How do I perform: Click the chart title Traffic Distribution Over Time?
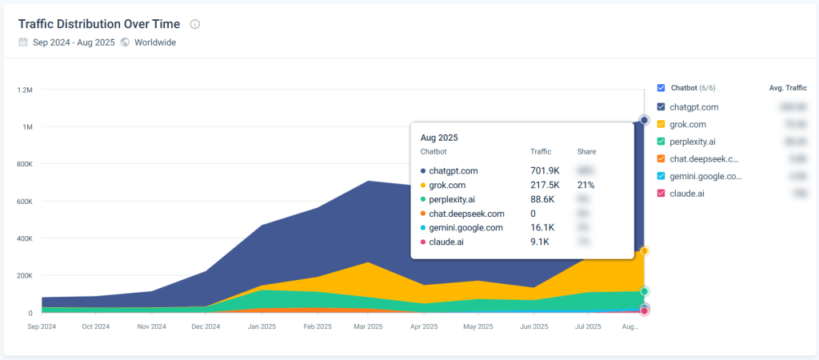tap(98, 24)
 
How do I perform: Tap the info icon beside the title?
tap(195, 24)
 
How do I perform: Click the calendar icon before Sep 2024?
tap(23, 42)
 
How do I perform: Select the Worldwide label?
tap(155, 42)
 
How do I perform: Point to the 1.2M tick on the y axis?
tap(24, 90)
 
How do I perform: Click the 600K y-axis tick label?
tap(24, 202)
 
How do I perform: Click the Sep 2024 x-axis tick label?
tap(42, 326)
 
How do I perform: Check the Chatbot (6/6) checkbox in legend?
tap(661, 88)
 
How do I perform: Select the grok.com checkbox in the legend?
tap(661, 124)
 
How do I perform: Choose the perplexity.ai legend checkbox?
tap(661, 142)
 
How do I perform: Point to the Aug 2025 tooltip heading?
tap(439, 138)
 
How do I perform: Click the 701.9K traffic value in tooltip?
tap(544, 170)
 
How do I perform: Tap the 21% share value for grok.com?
tap(586, 185)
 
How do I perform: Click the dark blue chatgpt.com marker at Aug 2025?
tap(644, 120)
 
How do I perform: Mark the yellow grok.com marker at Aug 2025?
tap(644, 251)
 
